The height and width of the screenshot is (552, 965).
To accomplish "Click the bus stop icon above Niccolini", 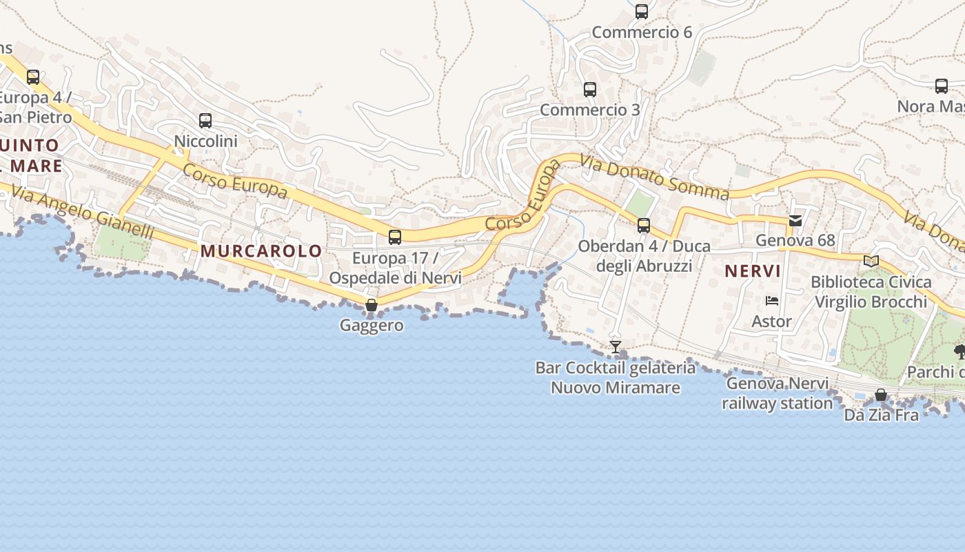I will pos(205,121).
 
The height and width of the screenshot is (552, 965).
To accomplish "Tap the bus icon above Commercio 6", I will pos(642,12).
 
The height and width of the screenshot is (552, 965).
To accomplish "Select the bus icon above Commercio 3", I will pos(590,90).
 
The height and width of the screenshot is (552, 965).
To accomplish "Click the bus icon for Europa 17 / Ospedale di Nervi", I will pos(395,237).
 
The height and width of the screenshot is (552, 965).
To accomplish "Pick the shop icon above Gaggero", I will pos(372,305).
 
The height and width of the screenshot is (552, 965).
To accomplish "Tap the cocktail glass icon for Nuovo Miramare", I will pos(616,347).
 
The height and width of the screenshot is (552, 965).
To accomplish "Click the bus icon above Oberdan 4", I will pos(644,226).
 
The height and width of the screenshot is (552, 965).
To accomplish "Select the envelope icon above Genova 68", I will pos(795,221).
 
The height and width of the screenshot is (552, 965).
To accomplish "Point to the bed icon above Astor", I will pos(772,301).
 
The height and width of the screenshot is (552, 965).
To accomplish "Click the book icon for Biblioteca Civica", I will pos(871,261).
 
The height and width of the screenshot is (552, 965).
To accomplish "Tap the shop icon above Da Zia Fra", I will pos(881,395).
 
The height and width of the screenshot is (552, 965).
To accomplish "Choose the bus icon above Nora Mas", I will pos(942,86).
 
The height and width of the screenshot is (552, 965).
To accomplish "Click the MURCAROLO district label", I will pos(261,251).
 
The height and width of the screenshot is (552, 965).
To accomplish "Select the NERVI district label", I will pos(753,271).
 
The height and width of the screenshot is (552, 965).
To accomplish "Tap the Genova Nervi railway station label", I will pos(778,393).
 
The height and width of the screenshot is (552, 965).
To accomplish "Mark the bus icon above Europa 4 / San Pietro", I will pos(33,77).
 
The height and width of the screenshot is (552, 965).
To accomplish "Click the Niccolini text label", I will pos(205,141).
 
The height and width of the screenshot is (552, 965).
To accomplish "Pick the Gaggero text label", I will pos(372,325).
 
